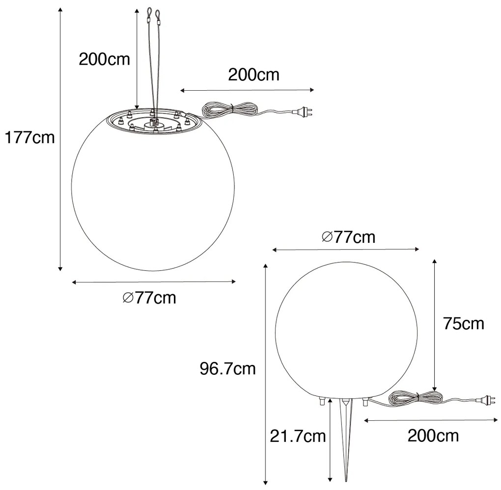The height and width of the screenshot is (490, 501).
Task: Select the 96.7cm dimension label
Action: click(x=227, y=368)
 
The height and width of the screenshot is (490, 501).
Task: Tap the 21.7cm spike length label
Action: click(x=298, y=435)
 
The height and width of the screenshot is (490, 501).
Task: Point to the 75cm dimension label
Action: click(x=463, y=324)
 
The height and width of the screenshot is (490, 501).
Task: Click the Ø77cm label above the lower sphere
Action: click(x=348, y=237)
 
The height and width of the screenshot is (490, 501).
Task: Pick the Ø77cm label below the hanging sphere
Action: click(x=149, y=298)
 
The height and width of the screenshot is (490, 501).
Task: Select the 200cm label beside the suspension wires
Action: click(x=105, y=59)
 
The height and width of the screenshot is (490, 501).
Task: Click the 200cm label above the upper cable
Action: click(x=253, y=75)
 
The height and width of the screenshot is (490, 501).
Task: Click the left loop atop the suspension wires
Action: click(x=149, y=13)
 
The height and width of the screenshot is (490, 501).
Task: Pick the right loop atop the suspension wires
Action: click(x=158, y=17)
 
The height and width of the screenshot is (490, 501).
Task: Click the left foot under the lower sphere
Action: click(x=322, y=402)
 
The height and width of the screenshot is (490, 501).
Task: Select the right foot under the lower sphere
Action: click(x=365, y=402)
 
